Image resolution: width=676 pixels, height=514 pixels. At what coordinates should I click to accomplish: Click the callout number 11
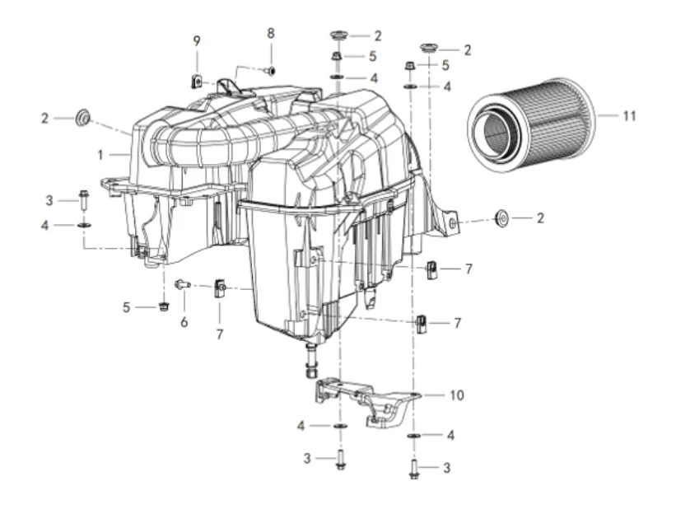[x=629, y=116]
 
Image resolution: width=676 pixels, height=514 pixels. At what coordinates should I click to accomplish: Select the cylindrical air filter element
[x=531, y=125]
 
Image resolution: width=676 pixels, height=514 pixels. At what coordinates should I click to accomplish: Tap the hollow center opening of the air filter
[x=498, y=129]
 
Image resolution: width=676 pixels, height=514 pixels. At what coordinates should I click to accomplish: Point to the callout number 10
[x=456, y=395]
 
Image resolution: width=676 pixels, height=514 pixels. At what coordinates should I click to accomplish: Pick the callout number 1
[x=100, y=155]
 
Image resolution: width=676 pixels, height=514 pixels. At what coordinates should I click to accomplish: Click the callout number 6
[x=184, y=322]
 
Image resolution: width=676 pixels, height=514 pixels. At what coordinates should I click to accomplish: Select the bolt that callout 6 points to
[x=183, y=284]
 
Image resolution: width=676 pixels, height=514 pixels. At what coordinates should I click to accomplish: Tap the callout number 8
[x=271, y=33]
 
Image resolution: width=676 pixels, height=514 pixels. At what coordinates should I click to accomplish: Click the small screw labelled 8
[x=271, y=70]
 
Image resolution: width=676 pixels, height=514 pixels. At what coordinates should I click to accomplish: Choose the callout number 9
[x=197, y=41]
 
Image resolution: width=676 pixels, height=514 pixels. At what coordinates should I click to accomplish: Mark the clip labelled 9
[x=197, y=81]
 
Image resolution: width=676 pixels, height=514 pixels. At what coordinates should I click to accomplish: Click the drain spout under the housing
[x=311, y=360]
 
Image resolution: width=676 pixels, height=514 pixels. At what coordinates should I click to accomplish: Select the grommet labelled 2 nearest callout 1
[x=82, y=118]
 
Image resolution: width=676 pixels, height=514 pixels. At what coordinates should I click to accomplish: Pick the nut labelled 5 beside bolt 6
[x=163, y=306]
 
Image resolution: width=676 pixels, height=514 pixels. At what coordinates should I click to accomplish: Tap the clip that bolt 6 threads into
[x=220, y=288]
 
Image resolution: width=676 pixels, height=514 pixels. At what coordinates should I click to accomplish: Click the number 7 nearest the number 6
[x=220, y=334]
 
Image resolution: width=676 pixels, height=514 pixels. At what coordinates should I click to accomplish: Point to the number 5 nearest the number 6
[x=126, y=307]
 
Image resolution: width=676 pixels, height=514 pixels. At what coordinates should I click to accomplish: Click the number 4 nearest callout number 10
[x=450, y=435]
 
